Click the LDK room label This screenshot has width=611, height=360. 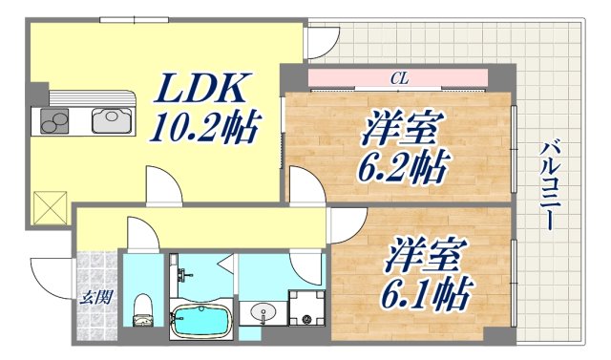pyautogui.click(x=204, y=91)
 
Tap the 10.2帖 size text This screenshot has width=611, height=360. pyautogui.click(x=202, y=127)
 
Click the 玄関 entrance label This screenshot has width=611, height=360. pyautogui.click(x=95, y=297)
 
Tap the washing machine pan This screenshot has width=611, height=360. pyautogui.click(x=305, y=307)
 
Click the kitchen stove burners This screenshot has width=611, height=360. pyautogui.click(x=53, y=121)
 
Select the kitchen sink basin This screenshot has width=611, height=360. pyautogui.click(x=109, y=121)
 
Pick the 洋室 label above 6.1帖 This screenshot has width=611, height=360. pyautogui.click(x=425, y=252)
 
